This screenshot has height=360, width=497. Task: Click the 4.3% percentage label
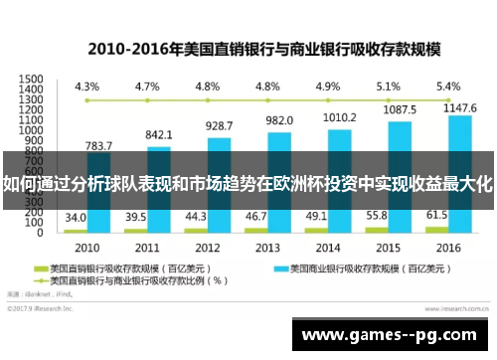pos(87,87)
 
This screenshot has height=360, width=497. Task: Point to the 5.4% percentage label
pos(448,87)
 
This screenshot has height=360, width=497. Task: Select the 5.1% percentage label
pos(388,87)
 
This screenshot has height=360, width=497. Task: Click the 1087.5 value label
pos(400,109)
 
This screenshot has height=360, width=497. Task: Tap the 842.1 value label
pos(159,134)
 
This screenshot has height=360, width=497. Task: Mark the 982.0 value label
pos(279,119)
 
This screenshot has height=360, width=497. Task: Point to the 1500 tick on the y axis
pos(31,79)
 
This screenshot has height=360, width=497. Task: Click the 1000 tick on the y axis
pos(31,130)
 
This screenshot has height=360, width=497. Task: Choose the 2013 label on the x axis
pos(267,247)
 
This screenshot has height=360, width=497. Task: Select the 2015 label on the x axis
pos(388,247)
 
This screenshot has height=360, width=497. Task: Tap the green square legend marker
pos(42,268)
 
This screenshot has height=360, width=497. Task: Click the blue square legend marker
pos(268,268)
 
